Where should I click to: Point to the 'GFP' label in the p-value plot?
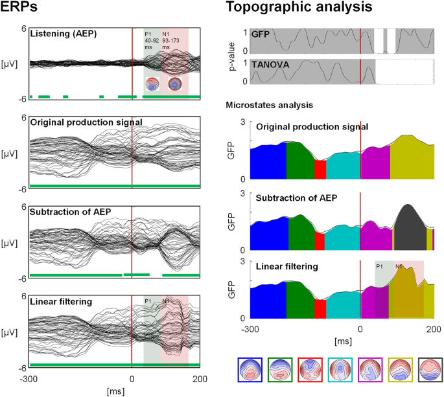click(261, 34)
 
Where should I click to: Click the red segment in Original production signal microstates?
click(320, 170)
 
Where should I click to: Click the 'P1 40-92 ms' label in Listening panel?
click(151, 40)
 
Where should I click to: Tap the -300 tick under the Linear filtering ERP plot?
click(29, 379)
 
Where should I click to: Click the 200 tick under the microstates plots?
click(433, 328)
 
